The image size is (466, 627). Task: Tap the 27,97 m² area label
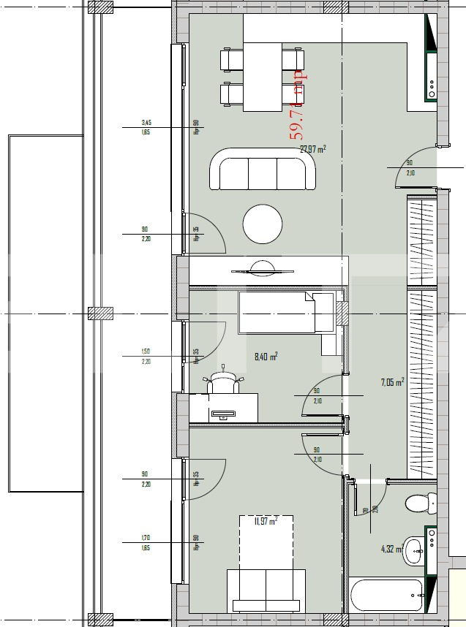tap(312, 149)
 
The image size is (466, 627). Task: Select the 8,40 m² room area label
tap(265, 357)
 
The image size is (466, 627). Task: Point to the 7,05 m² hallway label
tap(392, 381)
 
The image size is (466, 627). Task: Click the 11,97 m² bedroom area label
tap(265, 521)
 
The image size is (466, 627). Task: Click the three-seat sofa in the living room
tap(263, 170)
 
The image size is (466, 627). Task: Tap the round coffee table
tap(263, 224)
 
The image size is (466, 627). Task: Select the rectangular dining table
tap(263, 77)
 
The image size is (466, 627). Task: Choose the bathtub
tap(386, 595)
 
